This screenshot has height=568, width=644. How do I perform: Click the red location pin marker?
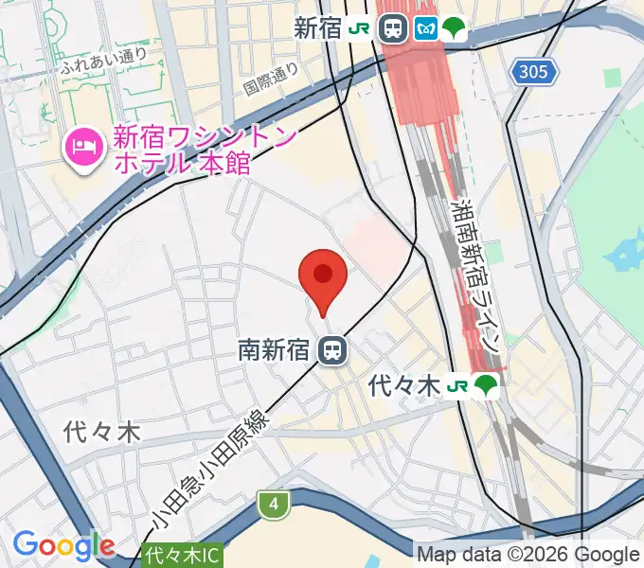point(323,277)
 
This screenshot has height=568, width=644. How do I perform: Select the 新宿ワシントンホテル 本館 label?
point(182,151)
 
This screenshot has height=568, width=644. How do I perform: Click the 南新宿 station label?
point(274,351)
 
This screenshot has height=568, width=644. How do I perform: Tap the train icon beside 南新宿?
point(331,351)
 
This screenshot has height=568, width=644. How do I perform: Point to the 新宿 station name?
point(317,28)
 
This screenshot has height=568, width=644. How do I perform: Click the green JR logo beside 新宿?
point(359,28)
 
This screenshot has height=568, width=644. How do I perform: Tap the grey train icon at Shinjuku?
point(391,28)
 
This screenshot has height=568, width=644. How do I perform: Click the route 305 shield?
point(533,72)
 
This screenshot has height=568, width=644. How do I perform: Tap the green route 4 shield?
point(274,505)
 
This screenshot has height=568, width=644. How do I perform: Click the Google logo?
point(63,545)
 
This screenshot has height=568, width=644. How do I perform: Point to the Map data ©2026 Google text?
point(528,555)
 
